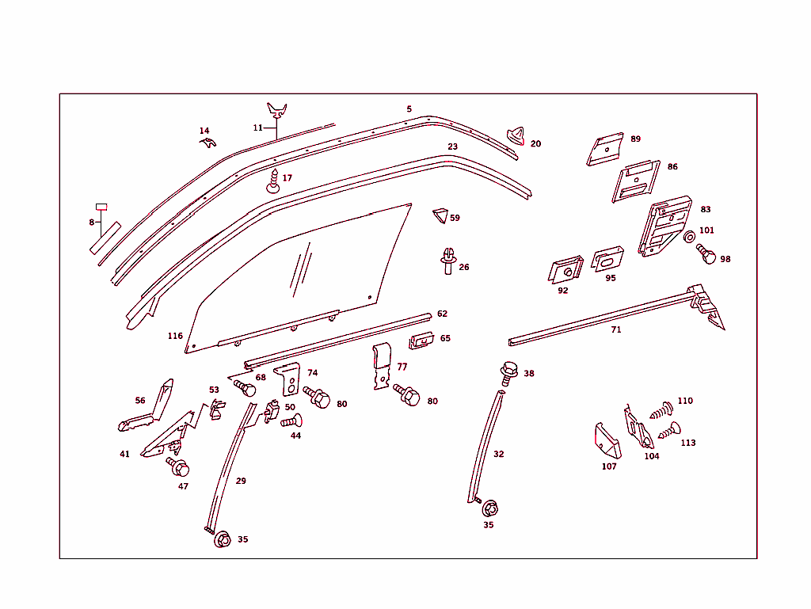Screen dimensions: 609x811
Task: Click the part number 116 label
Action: [x=175, y=336]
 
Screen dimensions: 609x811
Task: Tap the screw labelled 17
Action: [x=273, y=181]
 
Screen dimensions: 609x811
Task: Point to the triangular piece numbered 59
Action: [x=440, y=215]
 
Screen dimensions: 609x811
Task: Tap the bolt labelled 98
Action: [x=705, y=254]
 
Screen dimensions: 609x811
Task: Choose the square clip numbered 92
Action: [x=564, y=271]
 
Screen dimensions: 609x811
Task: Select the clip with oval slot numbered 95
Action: [x=608, y=259]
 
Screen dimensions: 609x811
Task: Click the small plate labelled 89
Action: [x=606, y=150]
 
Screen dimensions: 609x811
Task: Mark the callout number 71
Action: [x=615, y=329]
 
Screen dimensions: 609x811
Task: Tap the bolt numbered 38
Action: [x=508, y=370]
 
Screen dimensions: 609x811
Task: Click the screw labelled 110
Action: [x=661, y=411]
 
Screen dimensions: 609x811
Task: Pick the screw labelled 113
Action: [x=669, y=432]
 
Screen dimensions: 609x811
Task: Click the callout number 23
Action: [x=452, y=147]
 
